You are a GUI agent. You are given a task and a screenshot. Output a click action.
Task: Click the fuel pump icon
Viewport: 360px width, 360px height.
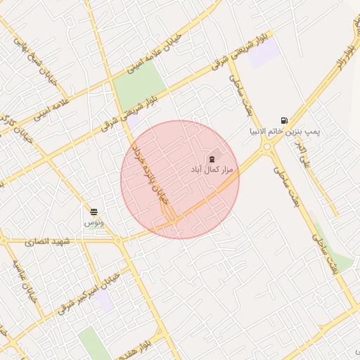(284, 120)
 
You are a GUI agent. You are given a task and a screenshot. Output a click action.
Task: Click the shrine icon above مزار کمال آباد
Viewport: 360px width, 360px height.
(212, 160)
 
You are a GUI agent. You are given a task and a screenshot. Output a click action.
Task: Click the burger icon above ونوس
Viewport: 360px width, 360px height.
(94, 211)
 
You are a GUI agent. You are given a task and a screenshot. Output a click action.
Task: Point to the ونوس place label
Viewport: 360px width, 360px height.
(94, 221)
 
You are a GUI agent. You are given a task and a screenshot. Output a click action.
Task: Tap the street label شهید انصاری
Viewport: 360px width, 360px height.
(49, 241)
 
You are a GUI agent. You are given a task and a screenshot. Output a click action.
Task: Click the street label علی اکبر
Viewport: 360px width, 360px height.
(303, 157)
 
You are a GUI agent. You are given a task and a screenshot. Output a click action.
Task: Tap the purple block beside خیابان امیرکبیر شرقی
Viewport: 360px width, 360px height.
(105, 301)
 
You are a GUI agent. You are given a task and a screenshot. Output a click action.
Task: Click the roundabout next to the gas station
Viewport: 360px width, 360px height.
(267, 148)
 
